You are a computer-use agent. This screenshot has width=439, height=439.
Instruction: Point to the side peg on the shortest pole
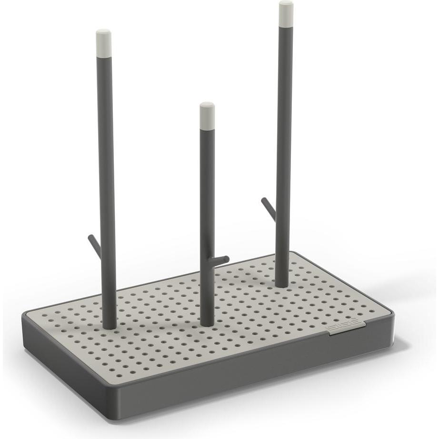(x=221, y=260)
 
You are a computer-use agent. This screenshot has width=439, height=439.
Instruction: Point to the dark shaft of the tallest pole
(x=284, y=143)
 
